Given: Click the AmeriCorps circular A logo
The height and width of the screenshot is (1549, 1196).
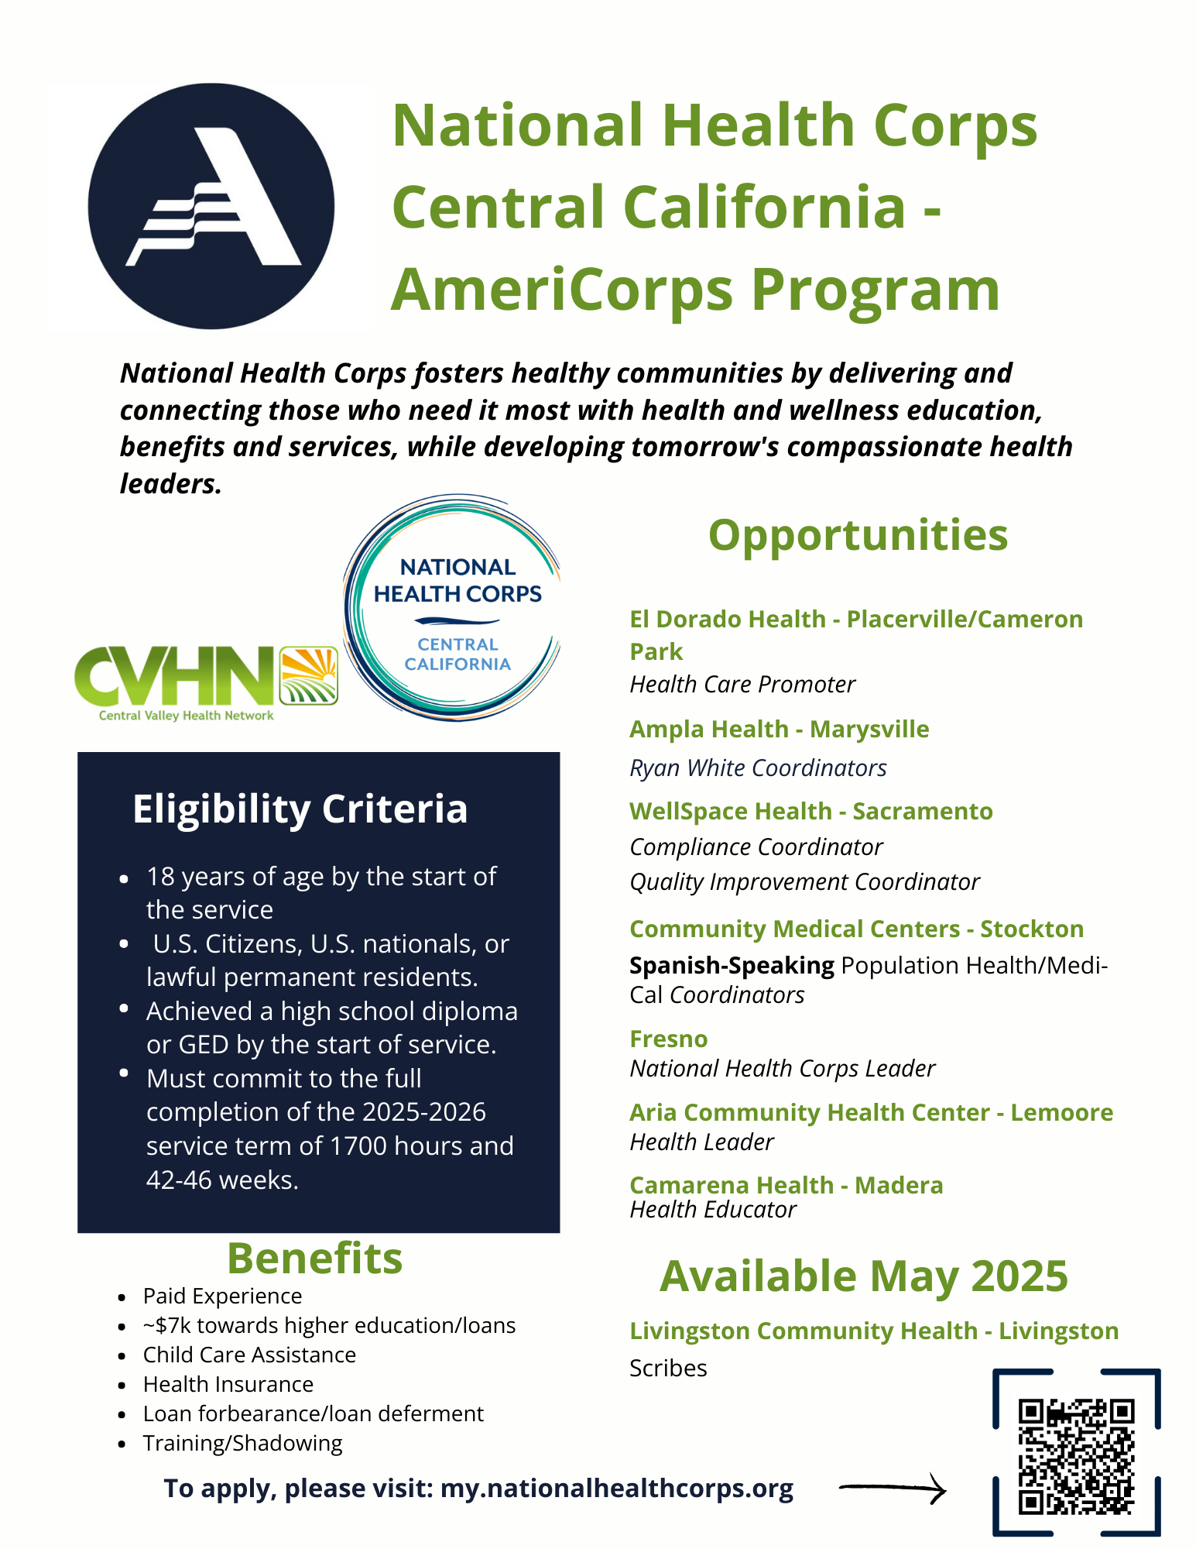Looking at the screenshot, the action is pos(211,206).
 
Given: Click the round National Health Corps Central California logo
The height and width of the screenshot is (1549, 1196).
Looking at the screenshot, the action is pos(452,608).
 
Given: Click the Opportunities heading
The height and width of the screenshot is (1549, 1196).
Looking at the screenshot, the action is pos(858,535).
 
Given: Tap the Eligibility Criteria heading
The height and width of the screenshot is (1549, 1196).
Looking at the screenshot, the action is pos(300,809).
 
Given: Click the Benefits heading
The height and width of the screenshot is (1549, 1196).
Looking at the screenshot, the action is pos(315,1258).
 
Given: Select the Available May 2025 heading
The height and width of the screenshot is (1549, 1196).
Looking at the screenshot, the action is pos(864,1276).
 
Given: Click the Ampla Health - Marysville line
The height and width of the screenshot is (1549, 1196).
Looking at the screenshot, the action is pos(780,730).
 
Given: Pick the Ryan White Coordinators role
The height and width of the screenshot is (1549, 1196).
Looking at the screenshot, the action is pos(758,768).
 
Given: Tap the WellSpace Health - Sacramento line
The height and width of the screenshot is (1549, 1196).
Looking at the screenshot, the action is pos(811,811).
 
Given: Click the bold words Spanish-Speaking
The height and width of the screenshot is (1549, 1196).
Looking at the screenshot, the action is pos(732,965).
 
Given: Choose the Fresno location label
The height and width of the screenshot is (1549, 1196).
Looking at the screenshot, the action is pos(669,1039).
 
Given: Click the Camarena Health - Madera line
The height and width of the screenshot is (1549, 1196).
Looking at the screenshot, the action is pos(786,1185).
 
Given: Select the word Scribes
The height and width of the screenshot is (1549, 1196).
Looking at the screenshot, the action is pos(668,1368).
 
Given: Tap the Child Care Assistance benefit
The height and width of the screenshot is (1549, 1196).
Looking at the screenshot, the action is pos(249,1355).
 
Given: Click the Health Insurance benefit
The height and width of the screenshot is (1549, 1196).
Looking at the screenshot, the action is pos(228,1384).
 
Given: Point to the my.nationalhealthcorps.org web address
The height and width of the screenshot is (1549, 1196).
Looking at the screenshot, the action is pos(617,1489).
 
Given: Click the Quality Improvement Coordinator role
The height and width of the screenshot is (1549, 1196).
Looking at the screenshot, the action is pos(804,882).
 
